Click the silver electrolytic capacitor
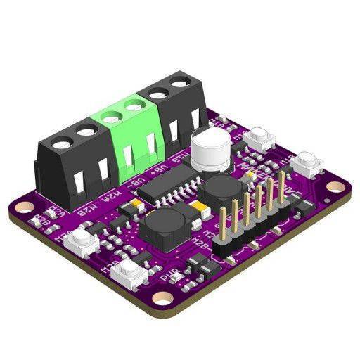tap(210, 149)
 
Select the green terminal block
tap(131, 137)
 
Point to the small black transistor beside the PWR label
tap(199, 265)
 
